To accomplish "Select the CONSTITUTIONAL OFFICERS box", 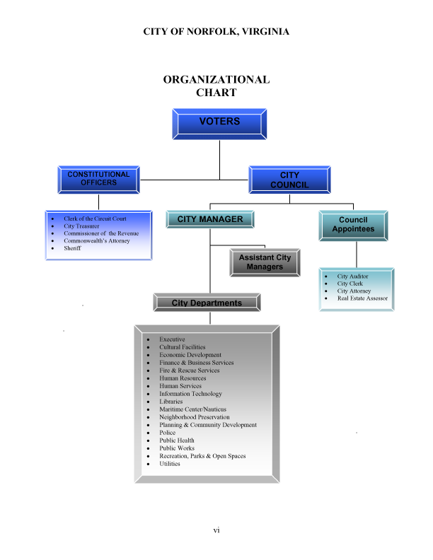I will click(x=98, y=179).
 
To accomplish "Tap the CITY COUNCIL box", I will click(x=289, y=180).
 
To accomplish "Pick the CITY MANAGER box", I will click(x=210, y=219).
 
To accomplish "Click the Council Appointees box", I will click(x=353, y=225).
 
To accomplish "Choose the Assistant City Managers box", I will click(x=265, y=262).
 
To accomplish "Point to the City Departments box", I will click(x=207, y=303).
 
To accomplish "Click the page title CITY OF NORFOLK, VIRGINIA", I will click(x=216, y=32).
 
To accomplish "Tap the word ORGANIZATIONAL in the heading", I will click(x=216, y=79).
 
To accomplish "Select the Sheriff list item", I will click(x=72, y=248).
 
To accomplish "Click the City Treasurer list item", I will click(x=81, y=226).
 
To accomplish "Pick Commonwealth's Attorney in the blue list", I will click(x=94, y=241).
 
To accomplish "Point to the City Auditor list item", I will click(x=352, y=276).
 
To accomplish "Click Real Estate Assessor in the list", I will click(x=362, y=298).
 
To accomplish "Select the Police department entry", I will click(x=168, y=433).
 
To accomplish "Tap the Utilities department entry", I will click(x=170, y=464).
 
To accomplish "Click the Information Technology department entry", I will click(x=190, y=394).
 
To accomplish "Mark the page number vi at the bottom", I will click(x=216, y=530).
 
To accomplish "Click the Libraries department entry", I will click(x=171, y=402).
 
